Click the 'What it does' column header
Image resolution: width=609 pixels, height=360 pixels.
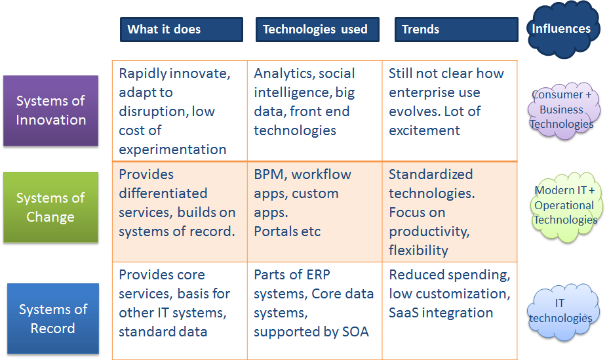182,29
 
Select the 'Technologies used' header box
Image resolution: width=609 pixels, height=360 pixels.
317,29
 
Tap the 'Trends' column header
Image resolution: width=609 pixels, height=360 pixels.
456,29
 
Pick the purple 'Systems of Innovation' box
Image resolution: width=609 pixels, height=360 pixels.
51,111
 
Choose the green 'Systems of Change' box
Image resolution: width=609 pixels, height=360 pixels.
51,207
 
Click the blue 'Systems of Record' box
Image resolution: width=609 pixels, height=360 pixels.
53,319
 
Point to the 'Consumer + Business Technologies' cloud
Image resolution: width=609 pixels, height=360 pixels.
562,110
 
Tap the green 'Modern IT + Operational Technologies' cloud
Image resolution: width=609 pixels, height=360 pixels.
566,206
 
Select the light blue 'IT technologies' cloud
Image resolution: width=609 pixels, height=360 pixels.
560,311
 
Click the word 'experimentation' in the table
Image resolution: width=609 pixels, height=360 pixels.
172,150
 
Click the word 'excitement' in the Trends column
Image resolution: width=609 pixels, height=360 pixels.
425,130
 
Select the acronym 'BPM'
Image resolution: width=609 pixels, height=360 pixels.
270,174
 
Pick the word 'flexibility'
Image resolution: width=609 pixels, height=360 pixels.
419,250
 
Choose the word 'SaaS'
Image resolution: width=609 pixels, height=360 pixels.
404,313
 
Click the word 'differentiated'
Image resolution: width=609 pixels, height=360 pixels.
163,193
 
